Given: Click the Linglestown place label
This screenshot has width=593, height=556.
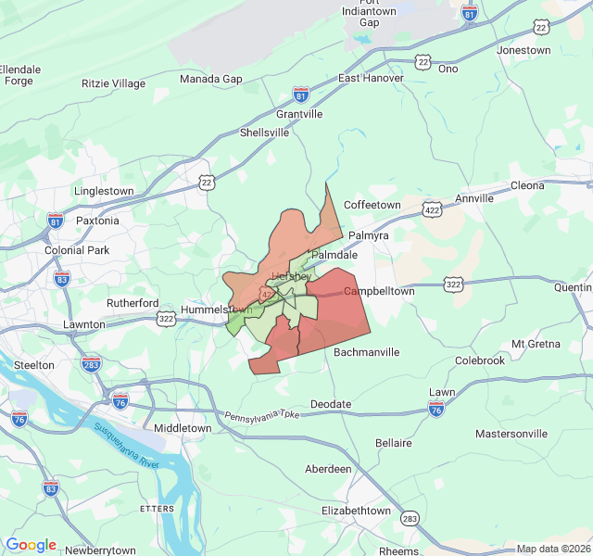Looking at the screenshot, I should point(104,191).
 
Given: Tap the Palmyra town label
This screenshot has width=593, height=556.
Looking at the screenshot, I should point(370,235).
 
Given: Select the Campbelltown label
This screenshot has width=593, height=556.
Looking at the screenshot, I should point(379,291).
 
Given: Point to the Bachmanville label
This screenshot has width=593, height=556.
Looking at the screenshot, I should point(366,352).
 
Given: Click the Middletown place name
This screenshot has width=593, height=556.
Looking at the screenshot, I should point(183,428).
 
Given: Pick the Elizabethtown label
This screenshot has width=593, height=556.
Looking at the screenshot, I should point(356,511).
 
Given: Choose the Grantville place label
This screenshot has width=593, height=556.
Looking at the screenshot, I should point(299,114).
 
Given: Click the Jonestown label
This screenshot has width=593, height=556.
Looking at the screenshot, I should point(524,50).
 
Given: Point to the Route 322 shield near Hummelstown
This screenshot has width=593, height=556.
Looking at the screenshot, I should point(166,319).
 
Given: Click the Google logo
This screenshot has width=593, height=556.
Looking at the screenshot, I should point(32,545).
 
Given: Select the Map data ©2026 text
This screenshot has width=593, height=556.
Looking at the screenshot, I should point(552,549).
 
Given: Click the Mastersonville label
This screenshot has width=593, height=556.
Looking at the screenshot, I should point(511,434).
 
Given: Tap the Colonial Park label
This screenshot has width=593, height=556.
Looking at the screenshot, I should point(77,250).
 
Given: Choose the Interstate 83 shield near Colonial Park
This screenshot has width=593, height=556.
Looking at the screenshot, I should point(62,279).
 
